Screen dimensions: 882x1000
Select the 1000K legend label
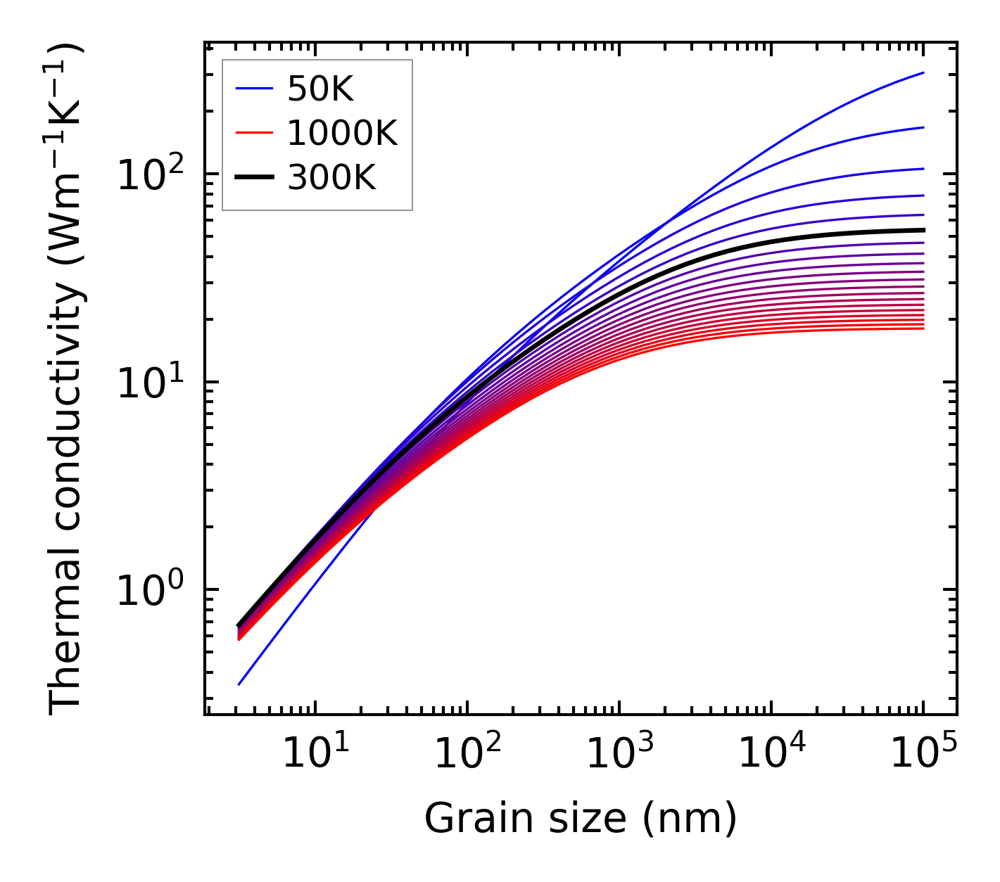tap(342, 134)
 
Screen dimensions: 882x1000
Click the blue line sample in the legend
tap(253, 89)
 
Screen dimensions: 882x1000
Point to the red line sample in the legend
tap(253, 134)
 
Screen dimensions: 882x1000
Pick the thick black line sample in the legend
tap(253, 179)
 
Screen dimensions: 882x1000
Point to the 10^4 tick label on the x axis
tap(771, 755)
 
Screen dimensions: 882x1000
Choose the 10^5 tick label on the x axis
tap(923, 755)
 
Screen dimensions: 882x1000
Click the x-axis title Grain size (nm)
tap(581, 819)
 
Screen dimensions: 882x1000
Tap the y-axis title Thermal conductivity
tap(67, 380)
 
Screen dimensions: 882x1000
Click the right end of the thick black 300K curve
tap(923, 230)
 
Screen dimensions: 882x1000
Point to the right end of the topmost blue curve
tap(923, 72)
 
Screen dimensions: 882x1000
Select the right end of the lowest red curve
tap(923, 328)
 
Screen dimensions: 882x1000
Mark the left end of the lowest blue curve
tap(239, 684)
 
